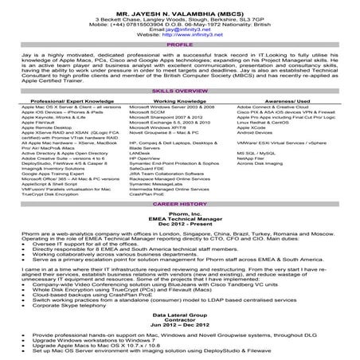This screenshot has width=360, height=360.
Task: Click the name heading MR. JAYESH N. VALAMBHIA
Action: (x=179, y=7)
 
